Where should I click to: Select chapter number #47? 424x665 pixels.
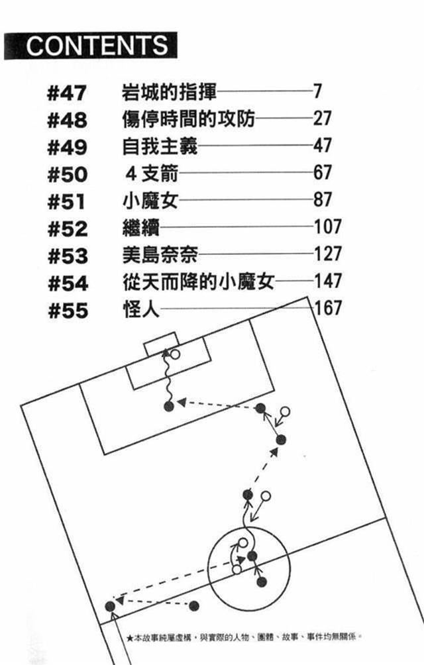[x=68, y=91]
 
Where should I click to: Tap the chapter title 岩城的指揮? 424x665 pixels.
[x=170, y=91]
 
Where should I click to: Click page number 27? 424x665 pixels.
[x=322, y=119]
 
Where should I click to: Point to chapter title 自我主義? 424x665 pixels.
[x=160, y=146]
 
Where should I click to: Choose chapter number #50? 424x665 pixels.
[x=68, y=174]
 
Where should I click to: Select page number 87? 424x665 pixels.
[x=322, y=200]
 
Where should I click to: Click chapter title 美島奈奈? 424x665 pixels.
[x=160, y=255]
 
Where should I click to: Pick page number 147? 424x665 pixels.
[x=328, y=281]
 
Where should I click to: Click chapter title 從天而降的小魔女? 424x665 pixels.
[x=198, y=282]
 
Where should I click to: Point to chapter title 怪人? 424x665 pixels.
[x=141, y=309]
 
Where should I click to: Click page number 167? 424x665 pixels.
[x=328, y=308]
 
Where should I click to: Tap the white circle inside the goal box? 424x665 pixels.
[x=175, y=354]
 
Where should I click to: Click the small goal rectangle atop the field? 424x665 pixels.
[x=160, y=347]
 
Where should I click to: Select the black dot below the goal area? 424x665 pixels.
[x=168, y=405]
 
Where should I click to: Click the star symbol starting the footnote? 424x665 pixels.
[x=130, y=637]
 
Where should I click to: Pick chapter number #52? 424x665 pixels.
[x=68, y=229]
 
